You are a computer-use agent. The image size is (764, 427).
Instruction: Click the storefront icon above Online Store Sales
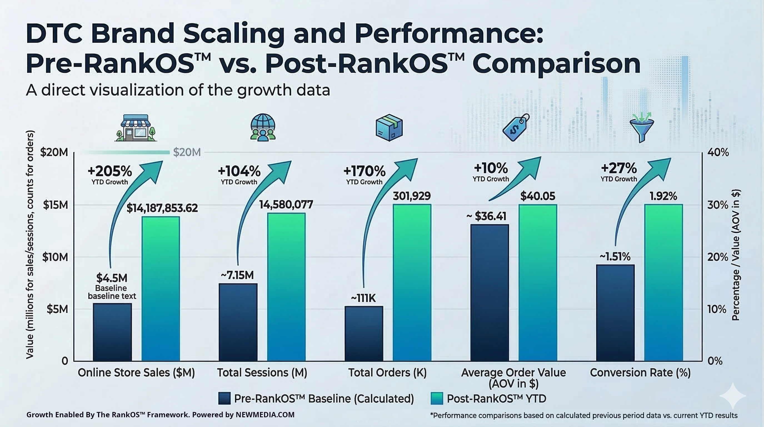click(x=136, y=128)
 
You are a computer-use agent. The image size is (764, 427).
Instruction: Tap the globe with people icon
click(x=263, y=128)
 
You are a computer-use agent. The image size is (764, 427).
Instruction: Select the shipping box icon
click(x=389, y=128)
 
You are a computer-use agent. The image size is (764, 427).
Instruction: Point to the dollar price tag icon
click(x=515, y=128)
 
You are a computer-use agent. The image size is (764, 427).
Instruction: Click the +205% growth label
click(x=110, y=171)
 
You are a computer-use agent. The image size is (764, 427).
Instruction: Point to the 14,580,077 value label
click(x=286, y=204)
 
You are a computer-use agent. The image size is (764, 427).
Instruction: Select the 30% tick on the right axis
click(x=718, y=205)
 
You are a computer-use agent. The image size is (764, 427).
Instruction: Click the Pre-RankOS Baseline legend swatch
click(x=224, y=398)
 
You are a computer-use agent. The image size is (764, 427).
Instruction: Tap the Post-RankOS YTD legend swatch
click(x=436, y=398)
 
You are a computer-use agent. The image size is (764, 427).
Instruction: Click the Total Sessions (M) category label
click(x=262, y=373)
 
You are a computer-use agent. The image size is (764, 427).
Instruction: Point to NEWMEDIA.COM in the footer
click(x=265, y=415)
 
